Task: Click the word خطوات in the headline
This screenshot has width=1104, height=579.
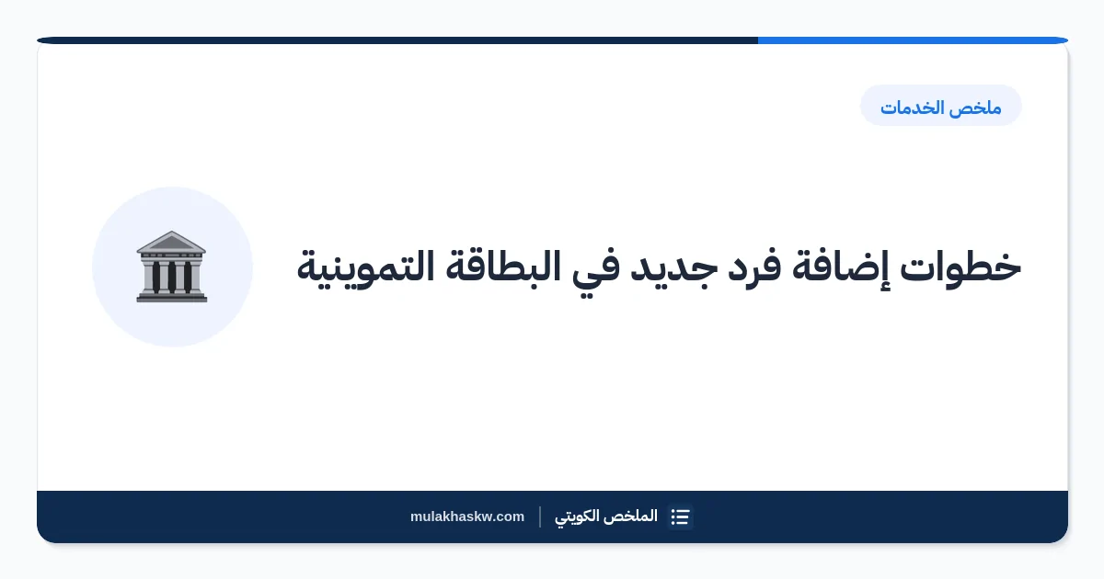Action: coord(960,267)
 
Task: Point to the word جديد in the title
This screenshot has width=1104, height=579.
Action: coord(673,268)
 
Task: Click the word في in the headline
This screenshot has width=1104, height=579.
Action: coord(595,270)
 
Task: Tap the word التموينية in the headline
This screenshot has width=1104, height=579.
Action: coord(365,268)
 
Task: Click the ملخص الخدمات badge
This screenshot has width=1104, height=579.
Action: coord(941,106)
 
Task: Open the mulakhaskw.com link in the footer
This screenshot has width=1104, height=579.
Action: coord(467,517)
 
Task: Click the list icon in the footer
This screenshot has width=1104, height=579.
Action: coord(680,517)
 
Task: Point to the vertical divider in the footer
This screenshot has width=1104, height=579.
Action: coord(540,517)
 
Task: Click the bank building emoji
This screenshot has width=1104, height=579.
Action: coord(171,267)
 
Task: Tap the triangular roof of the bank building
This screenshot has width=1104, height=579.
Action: coord(171,241)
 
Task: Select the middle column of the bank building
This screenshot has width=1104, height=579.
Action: coord(171,277)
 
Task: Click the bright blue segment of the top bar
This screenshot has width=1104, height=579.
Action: coord(913,40)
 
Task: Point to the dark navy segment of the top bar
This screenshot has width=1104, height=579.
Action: coord(397,40)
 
